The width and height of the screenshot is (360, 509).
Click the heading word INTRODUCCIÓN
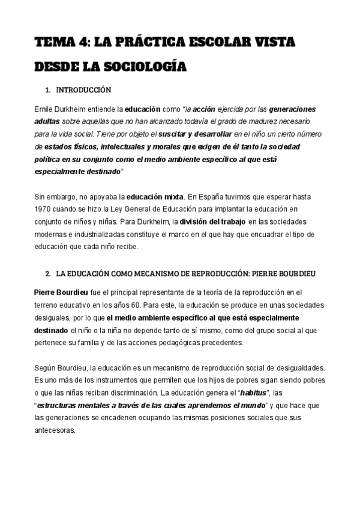pyautogui.click(x=84, y=90)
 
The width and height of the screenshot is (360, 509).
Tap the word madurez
pyautogui.click(x=270, y=122)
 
